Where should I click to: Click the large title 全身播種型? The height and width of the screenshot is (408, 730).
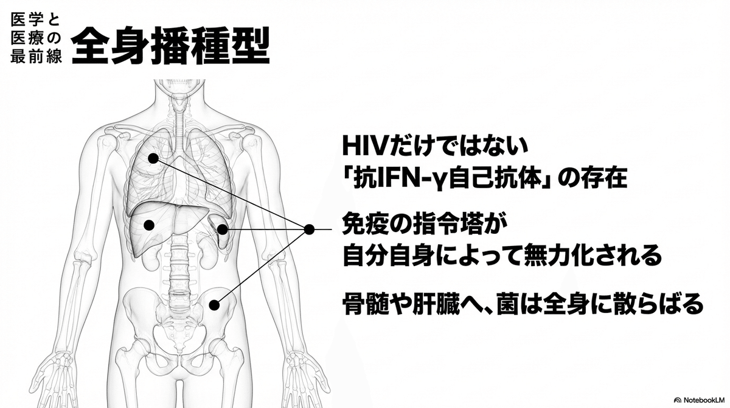click(170, 45)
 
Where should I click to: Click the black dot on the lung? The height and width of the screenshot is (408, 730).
click(153, 158)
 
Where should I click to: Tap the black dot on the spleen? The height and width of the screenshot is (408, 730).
click(223, 230)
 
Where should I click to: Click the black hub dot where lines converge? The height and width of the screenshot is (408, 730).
click(309, 230)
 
